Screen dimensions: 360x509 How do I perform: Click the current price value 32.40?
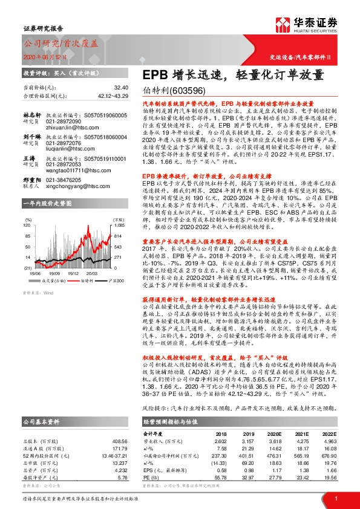[121, 88]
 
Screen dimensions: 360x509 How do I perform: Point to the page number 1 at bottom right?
[336, 498]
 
